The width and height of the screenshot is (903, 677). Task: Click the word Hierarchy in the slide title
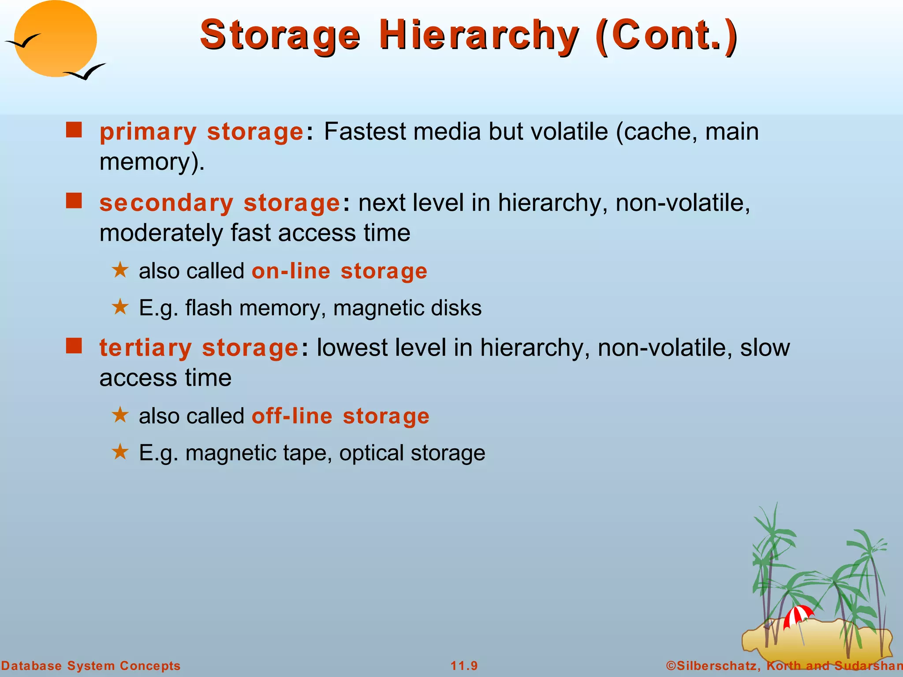point(478,35)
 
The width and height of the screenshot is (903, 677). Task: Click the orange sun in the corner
point(55,39)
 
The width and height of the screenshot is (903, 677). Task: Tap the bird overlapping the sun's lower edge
point(86,72)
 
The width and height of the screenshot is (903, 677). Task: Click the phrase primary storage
point(201,132)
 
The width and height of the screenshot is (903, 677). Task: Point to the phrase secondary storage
point(220,203)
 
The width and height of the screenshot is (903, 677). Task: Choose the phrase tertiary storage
point(199,348)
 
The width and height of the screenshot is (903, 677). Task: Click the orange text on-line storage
point(339,271)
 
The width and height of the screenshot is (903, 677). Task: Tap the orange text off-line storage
point(340,416)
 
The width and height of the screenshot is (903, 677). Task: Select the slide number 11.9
point(464,666)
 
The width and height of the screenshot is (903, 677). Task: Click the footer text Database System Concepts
point(91,666)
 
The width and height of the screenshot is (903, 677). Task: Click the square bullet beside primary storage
point(74,130)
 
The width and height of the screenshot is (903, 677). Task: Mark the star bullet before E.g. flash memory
point(120,307)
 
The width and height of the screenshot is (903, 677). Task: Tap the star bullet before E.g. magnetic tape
point(120,452)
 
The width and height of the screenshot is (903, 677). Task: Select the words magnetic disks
point(407,308)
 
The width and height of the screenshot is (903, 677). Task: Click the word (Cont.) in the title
point(666,35)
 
